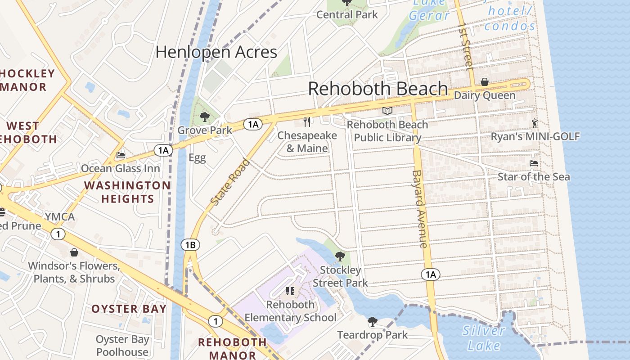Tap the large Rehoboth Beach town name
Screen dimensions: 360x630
coord(378,89)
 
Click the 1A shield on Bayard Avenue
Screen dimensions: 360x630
coord(431,274)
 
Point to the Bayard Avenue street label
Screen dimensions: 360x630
coord(419,209)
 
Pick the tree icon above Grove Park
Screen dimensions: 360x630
coord(205,117)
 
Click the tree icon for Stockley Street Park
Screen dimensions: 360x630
coord(340,256)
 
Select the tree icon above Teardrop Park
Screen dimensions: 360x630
coord(372,321)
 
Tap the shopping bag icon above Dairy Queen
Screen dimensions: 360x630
coord(485,82)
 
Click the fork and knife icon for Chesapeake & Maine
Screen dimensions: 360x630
coord(307,121)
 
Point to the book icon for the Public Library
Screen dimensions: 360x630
coord(387,111)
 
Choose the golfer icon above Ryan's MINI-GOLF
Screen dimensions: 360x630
coord(535,123)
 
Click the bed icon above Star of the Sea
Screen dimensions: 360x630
coord(534,163)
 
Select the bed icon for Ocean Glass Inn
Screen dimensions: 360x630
coord(121,155)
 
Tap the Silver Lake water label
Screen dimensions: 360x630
coord(483,338)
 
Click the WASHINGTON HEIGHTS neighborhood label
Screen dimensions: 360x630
coord(127,192)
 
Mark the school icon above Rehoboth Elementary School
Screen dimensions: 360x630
coord(290,291)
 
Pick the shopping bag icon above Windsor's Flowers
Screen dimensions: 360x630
coord(74,252)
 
